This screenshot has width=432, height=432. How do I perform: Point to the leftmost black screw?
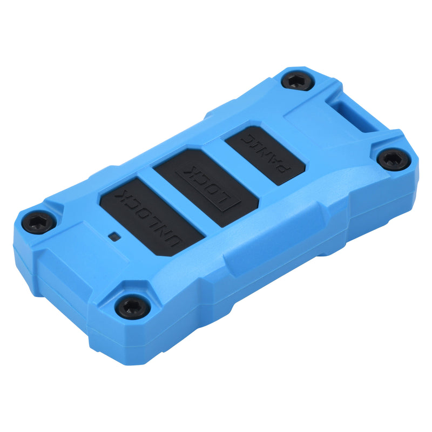click(x=38, y=221)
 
